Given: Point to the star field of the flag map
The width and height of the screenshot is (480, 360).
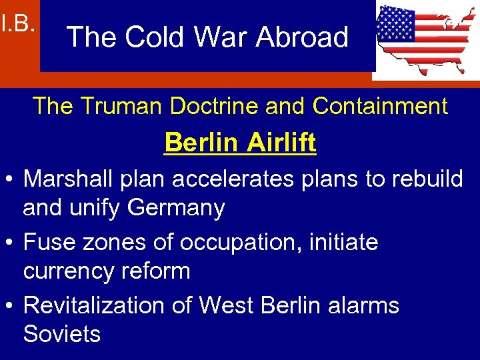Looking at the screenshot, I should pyautogui.click(x=395, y=26).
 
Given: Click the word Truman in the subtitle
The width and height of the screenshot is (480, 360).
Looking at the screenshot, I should pyautogui.click(x=134, y=105).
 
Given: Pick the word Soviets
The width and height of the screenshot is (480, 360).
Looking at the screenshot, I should pyautogui.click(x=62, y=333).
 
